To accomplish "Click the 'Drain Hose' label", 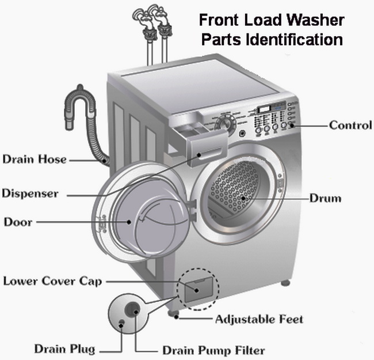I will pyautogui.click(x=34, y=159).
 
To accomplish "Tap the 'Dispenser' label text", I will pyautogui.click(x=30, y=194).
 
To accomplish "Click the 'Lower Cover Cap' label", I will pyautogui.click(x=52, y=282).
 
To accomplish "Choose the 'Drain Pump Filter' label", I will pyautogui.click(x=212, y=350).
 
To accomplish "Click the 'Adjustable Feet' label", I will pyautogui.click(x=258, y=319).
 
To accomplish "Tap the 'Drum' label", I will pyautogui.click(x=326, y=198).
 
